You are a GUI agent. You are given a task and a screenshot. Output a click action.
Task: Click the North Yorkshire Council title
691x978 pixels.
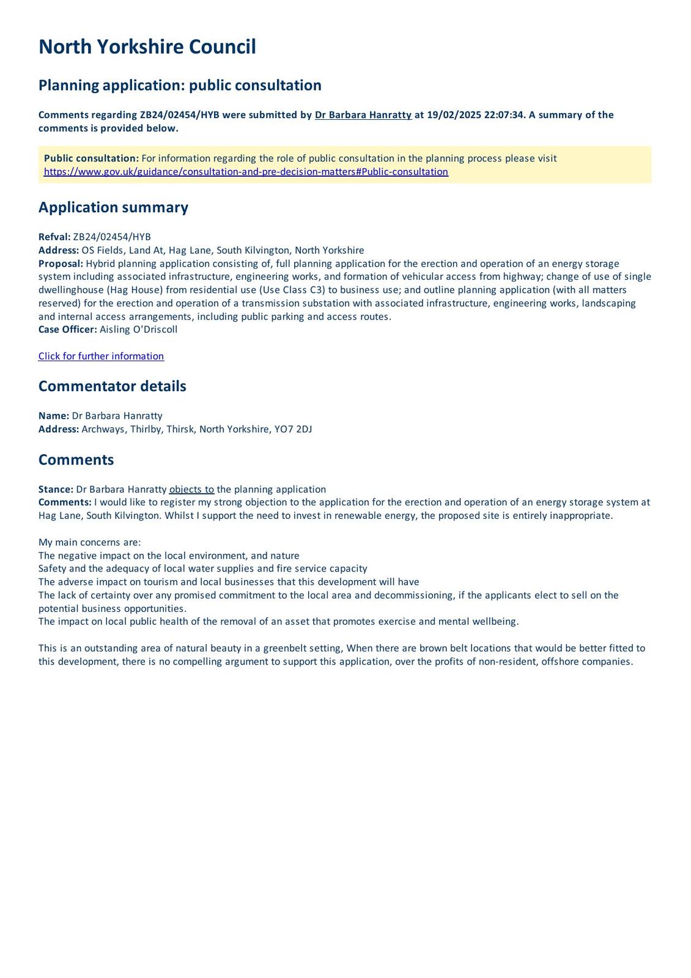[147, 47]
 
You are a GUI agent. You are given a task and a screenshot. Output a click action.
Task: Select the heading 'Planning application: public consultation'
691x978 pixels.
[180, 85]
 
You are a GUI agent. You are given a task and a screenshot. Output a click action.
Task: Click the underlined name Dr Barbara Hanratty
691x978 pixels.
[363, 115]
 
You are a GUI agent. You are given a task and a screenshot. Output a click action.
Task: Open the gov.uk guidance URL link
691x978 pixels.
[246, 172]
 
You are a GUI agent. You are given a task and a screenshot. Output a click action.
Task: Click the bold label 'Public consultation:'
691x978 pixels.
[91, 158]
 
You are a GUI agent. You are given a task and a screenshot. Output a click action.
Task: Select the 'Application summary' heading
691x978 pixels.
[113, 207]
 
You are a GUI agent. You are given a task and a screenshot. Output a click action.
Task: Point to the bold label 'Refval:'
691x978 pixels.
[54, 237]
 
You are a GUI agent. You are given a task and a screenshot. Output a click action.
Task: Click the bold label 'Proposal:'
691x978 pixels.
[61, 263]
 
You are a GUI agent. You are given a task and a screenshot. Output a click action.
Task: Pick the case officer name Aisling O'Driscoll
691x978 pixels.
[138, 329]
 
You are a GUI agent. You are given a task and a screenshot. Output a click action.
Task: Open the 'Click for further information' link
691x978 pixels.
[101, 356]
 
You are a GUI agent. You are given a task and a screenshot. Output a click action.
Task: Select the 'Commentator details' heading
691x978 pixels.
[112, 386]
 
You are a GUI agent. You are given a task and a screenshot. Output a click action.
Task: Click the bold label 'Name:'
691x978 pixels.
[54, 416]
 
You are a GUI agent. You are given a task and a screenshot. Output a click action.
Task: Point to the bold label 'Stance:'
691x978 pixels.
[56, 489]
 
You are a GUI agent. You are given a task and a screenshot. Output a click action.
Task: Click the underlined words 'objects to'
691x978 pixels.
[191, 489]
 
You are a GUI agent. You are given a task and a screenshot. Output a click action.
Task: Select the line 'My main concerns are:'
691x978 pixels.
[89, 542]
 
